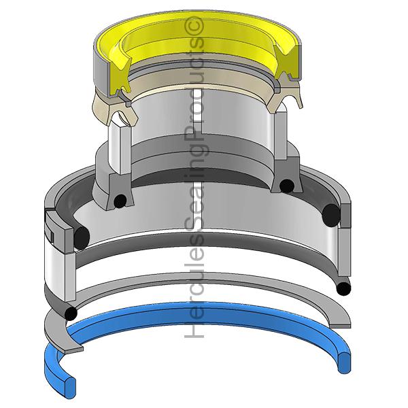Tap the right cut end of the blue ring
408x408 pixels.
[344, 362]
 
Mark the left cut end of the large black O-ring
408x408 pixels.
[82, 236]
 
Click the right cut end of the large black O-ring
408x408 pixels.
[331, 214]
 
